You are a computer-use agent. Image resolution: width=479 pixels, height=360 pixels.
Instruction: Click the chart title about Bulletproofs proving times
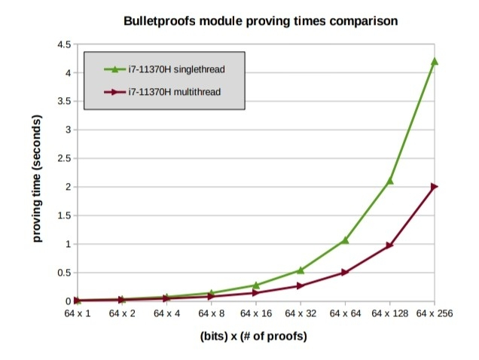(x=261, y=21)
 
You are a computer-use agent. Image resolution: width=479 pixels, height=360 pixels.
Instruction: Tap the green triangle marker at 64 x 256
(x=434, y=61)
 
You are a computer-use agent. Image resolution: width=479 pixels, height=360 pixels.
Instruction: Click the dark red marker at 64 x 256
(x=434, y=187)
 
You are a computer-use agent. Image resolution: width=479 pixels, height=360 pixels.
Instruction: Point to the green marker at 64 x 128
(x=389, y=181)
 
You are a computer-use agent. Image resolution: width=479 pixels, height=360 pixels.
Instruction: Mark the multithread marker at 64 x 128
(x=389, y=246)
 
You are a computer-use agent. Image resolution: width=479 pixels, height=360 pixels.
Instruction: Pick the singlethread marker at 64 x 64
(x=345, y=240)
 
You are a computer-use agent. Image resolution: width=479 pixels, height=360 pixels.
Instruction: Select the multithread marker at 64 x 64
(x=345, y=273)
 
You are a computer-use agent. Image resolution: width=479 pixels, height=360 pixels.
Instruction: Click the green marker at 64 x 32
(x=301, y=270)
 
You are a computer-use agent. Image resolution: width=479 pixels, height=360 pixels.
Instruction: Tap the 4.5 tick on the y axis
(x=63, y=45)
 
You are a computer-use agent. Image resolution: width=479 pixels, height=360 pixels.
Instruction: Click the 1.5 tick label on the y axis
(x=63, y=216)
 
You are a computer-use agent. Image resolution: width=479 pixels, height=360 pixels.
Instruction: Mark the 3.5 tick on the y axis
(x=63, y=102)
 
